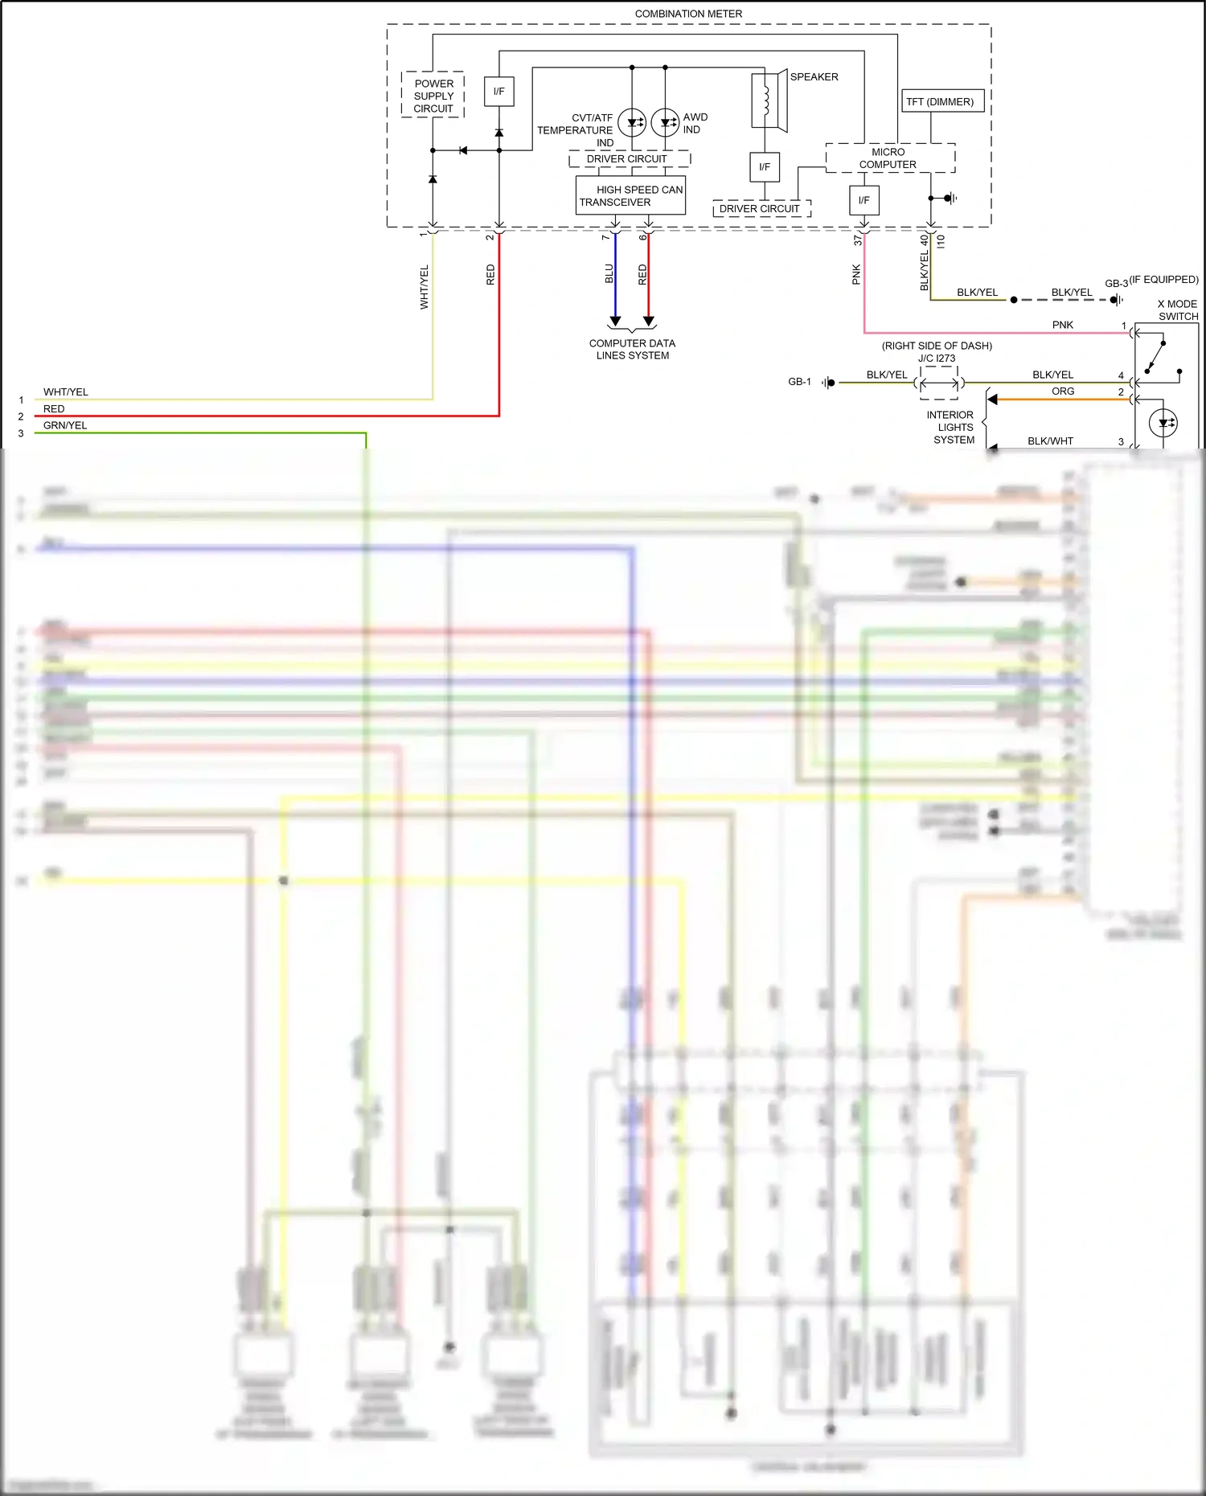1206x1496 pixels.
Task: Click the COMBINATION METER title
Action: [688, 14]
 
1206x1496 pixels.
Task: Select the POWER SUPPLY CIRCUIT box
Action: [433, 95]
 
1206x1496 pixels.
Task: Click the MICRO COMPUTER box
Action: [889, 158]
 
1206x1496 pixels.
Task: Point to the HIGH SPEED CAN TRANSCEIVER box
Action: [630, 195]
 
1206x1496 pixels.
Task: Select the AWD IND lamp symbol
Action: [665, 123]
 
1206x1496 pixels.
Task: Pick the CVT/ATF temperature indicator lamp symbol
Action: [632, 123]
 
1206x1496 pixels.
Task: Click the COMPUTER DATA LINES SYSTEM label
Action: [632, 349]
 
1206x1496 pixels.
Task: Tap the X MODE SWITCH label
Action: [1177, 309]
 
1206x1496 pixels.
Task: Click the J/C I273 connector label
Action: [937, 359]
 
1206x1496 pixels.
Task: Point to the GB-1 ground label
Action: [799, 382]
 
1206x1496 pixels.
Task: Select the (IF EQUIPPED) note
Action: [1163, 280]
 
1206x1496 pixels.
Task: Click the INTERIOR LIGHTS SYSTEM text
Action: [950, 427]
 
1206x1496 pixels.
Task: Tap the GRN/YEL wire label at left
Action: [65, 425]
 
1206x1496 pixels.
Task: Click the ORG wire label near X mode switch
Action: [1063, 391]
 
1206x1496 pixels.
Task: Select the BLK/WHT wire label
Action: [1050, 441]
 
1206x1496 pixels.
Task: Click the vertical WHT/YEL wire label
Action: [425, 287]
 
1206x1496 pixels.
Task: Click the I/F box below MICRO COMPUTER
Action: [863, 200]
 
